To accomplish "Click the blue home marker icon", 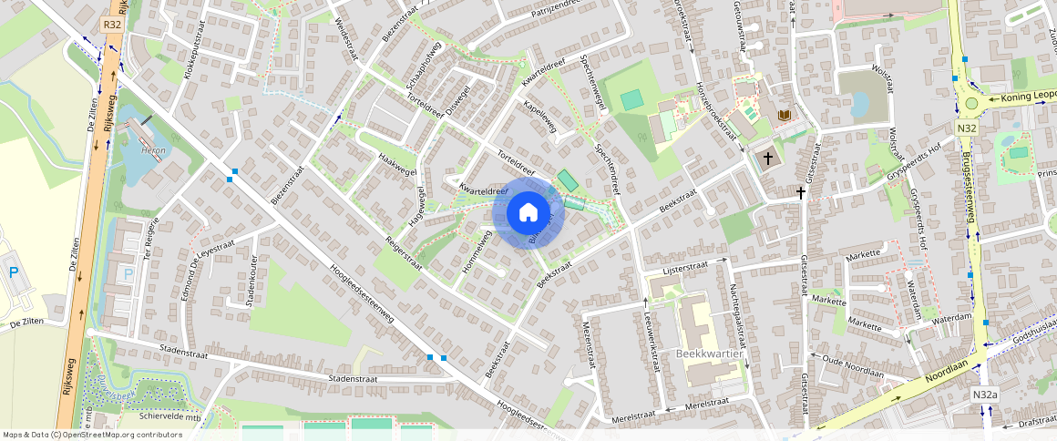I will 528,213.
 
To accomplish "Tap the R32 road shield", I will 113,25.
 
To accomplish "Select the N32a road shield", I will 985,395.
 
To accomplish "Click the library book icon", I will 785,115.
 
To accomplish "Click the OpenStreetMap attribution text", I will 91,435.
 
